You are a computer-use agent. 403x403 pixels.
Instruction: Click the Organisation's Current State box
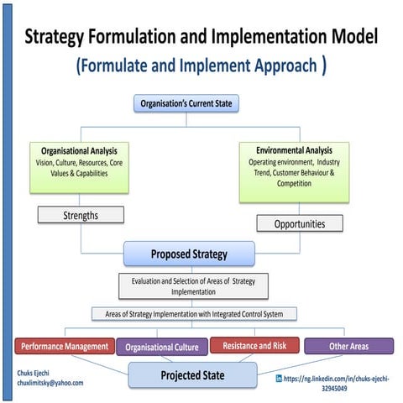pos(201,105)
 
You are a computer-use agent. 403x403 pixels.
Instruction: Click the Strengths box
pos(81,215)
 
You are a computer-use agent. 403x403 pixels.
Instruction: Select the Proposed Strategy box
pos(188,253)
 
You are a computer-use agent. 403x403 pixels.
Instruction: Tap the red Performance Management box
pos(65,345)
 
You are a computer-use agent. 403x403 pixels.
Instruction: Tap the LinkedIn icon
pos(279,379)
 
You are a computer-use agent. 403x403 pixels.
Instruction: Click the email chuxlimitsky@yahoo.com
pos(50,383)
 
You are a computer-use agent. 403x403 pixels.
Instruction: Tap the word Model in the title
pos(348,37)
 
